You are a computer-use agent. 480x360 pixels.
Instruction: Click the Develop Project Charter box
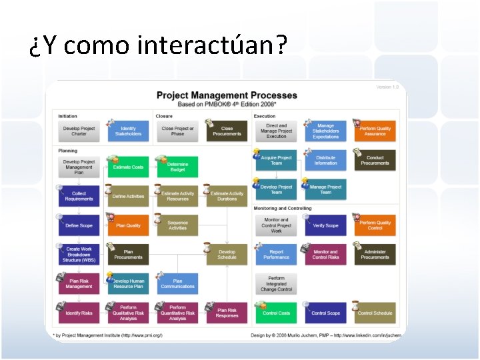point(79,131)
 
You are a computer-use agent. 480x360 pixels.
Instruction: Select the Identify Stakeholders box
point(128,131)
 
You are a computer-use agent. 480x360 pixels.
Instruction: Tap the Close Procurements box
point(227,131)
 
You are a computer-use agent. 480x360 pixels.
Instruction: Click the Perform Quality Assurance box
point(375,131)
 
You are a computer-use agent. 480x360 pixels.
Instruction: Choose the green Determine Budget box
point(177,167)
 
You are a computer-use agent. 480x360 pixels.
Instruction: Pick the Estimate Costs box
point(128,167)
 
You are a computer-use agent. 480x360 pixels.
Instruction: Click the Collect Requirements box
point(79,196)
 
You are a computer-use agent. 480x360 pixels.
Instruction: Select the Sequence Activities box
point(177,225)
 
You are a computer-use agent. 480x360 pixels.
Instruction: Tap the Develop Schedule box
point(227,255)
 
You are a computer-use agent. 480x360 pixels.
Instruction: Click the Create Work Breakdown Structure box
point(79,255)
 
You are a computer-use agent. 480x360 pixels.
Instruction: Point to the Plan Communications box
point(177,283)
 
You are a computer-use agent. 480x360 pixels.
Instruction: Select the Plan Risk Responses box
point(227,313)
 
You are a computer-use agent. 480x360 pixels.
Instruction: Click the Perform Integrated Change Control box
point(276,283)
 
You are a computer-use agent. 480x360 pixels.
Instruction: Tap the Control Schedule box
point(375,313)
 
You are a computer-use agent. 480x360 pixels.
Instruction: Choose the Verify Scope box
point(325,225)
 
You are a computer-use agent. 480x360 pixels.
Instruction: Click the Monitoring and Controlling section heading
point(282,208)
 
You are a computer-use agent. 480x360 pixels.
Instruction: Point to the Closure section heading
point(164,116)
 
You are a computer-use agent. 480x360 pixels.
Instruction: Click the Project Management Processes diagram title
point(227,95)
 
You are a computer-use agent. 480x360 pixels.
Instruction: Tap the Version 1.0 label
point(387,87)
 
